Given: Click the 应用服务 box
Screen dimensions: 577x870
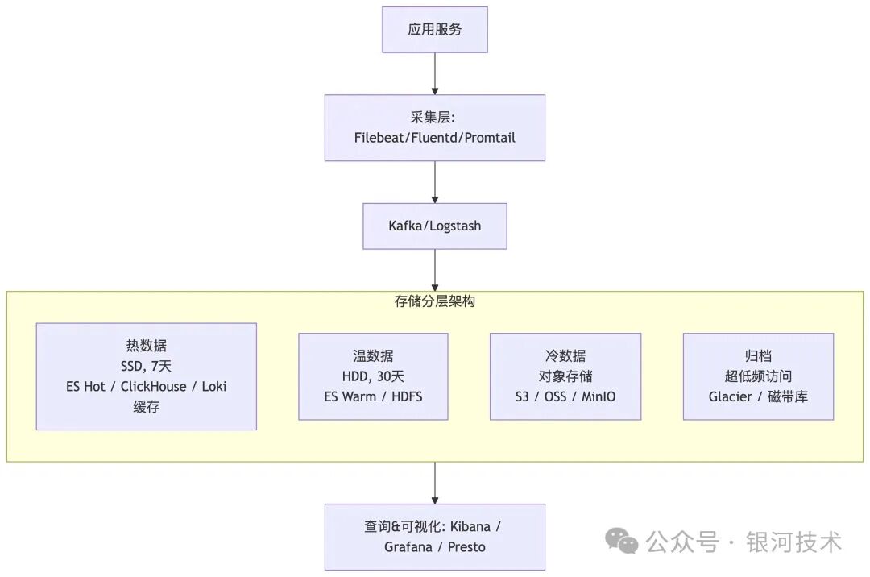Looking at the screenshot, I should pos(435,30).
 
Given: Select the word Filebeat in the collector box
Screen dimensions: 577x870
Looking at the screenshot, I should pos(381,138).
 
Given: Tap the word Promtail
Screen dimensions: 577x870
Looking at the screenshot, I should pos(490,138).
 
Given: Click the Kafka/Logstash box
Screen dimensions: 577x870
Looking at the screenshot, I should pos(435,226).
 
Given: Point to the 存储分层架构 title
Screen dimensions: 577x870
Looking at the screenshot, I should pos(435,301).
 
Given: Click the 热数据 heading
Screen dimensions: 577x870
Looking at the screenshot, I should pos(147,346).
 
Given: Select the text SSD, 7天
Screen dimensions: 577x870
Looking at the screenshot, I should pos(147,366).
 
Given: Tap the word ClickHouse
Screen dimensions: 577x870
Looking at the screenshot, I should pos(153,387).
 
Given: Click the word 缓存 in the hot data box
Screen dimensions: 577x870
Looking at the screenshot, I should pos(147,407).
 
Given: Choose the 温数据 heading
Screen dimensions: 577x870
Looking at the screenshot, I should pos(373,355).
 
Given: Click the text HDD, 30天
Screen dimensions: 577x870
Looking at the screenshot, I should pos(373,376).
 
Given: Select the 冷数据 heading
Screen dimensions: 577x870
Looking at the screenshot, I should pos(565,355).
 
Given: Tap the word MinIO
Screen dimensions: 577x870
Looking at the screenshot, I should pos(599,397).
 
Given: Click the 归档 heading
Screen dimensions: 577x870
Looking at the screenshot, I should pos(758,355).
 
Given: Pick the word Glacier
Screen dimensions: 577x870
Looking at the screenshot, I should pos(730,397).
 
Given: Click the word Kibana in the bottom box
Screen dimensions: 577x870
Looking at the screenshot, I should pos(470,527).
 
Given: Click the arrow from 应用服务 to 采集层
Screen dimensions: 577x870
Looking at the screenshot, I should pos(435,74).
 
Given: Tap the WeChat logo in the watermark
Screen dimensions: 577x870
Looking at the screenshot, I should pos(622,542).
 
